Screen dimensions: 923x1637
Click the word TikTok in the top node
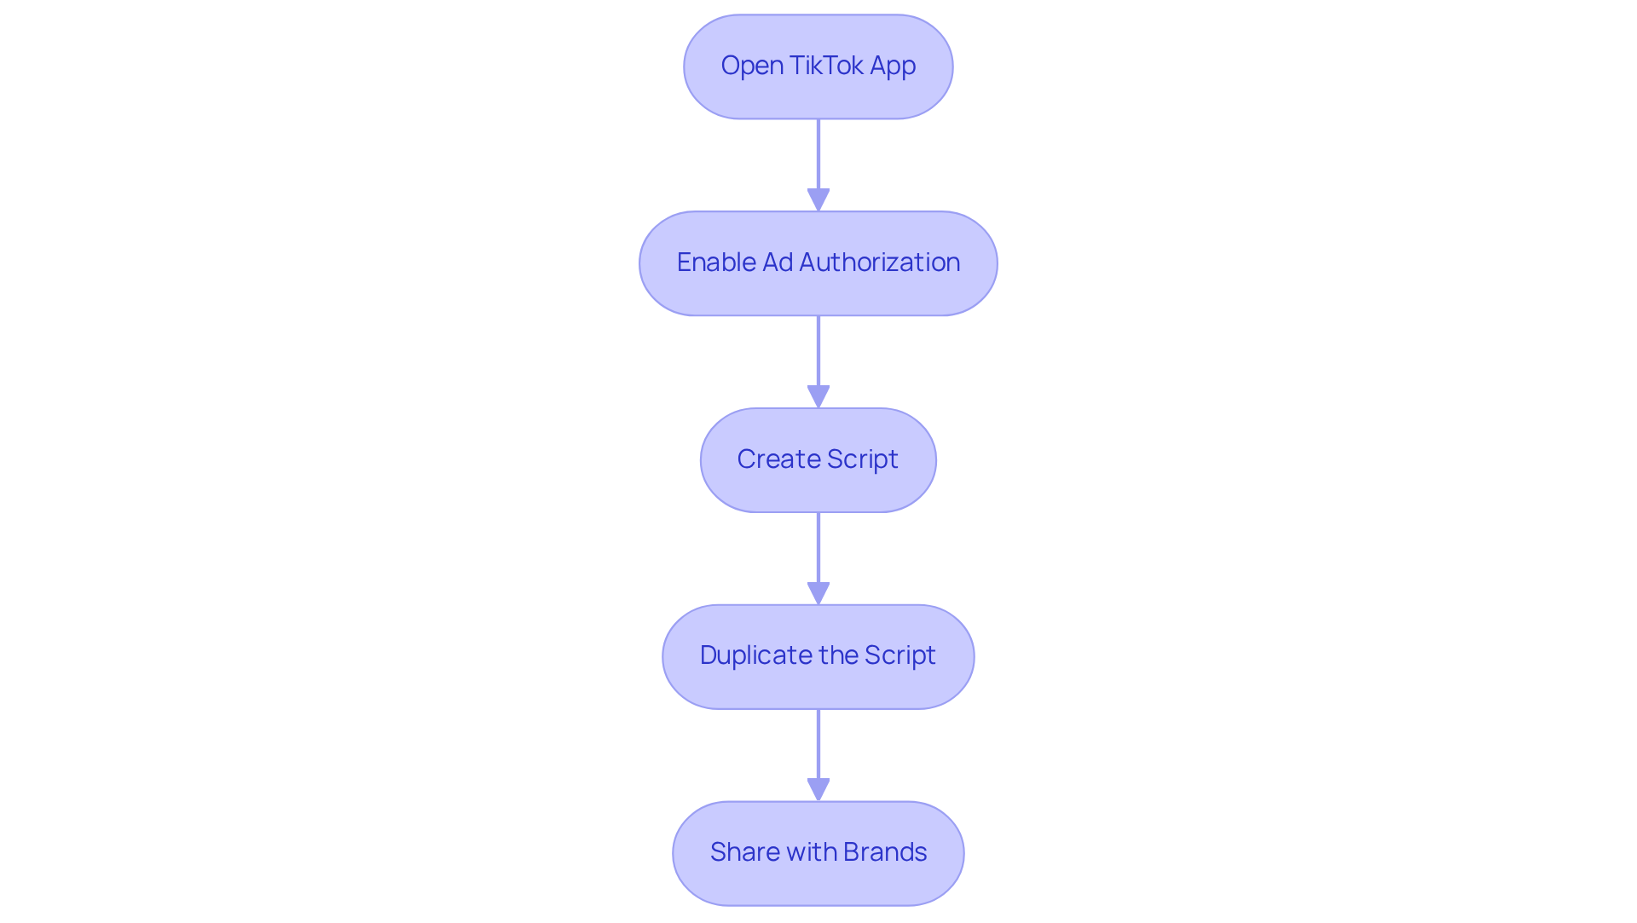pos(826,66)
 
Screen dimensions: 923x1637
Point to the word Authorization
pos(879,262)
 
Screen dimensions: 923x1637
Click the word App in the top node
pos(893,66)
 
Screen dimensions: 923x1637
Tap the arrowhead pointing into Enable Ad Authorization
pos(818,200)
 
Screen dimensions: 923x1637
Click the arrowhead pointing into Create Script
pos(818,397)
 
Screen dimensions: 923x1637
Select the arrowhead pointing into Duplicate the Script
pos(818,593)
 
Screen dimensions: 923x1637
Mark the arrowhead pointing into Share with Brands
pos(818,790)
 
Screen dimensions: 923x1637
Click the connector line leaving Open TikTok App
pos(818,153)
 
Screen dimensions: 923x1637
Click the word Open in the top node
pos(751,66)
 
